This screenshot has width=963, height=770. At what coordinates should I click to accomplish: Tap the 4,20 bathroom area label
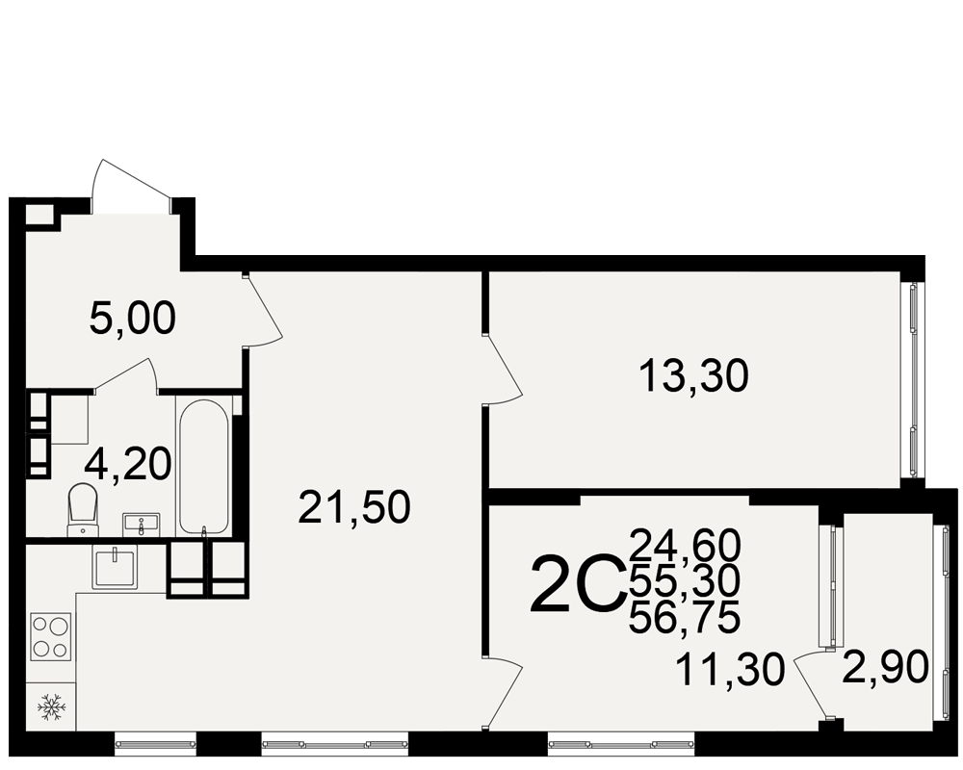click(128, 464)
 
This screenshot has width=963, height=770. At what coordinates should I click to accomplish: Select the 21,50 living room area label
click(354, 508)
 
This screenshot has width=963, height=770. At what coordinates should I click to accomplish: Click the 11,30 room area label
click(730, 670)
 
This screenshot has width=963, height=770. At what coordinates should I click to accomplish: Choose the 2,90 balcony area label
click(885, 667)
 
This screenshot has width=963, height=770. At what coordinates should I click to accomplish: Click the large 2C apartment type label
click(576, 584)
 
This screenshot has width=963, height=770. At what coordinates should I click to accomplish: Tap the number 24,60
click(685, 545)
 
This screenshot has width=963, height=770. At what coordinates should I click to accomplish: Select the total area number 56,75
click(685, 617)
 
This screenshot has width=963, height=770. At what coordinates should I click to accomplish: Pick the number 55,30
click(685, 581)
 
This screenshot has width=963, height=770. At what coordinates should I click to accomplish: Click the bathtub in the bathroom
click(203, 467)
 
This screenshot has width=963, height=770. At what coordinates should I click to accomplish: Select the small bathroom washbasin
click(142, 525)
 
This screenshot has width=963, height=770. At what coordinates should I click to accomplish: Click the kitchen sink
click(114, 568)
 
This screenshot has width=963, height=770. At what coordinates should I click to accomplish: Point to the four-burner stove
click(50, 637)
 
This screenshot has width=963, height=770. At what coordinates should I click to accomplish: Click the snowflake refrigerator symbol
click(50, 706)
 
